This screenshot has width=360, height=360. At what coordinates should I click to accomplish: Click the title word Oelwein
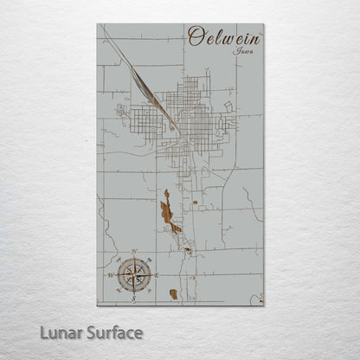coord(224,38)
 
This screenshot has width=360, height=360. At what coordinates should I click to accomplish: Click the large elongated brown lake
coord(166,212)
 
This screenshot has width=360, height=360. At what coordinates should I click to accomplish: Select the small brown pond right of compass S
coord(173,294)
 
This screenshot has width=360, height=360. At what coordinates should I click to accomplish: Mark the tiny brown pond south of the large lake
coord(187,251)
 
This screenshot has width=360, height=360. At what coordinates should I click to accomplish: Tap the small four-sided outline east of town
coord(228,106)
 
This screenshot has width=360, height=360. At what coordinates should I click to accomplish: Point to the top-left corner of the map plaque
coord(98,25)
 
